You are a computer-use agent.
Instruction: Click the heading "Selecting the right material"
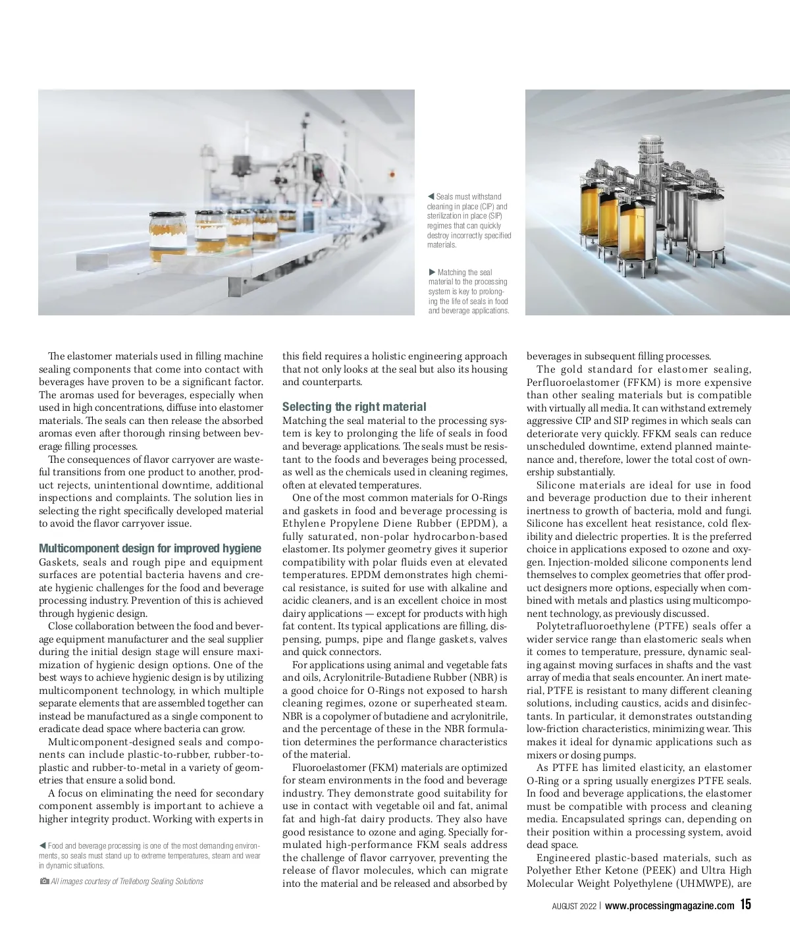tap(354, 407)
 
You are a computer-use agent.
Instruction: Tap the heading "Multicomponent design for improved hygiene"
tap(150, 548)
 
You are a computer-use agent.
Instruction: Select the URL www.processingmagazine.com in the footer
tap(669, 905)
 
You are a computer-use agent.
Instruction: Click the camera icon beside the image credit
tap(43, 881)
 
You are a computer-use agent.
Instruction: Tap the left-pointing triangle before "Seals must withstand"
tap(431, 196)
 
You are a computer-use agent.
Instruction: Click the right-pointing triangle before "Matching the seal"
tap(432, 272)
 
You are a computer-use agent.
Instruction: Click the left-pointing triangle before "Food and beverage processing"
tap(42, 845)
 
